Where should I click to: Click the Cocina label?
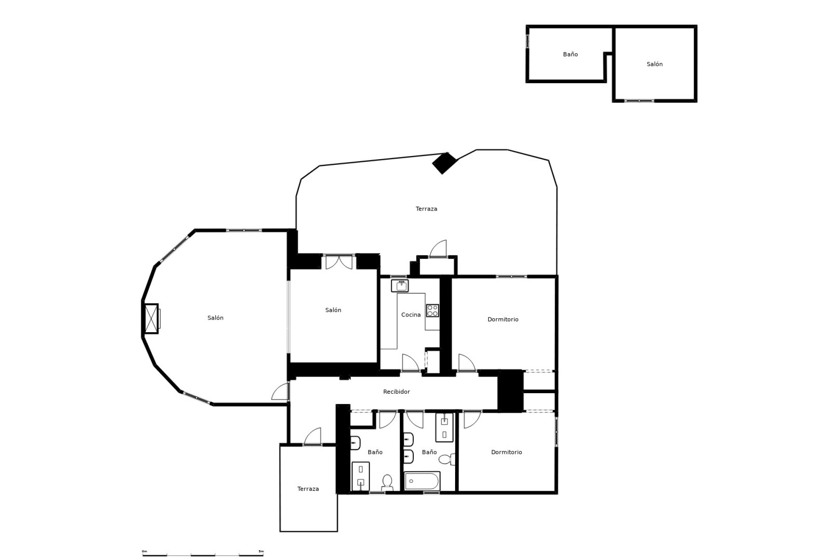411,315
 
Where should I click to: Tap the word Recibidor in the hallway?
396,392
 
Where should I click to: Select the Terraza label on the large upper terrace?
426,209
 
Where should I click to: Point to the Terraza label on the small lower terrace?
308,489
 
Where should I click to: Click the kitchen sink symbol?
400,286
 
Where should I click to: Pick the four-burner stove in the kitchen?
432,310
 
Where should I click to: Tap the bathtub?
422,481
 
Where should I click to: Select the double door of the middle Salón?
339,262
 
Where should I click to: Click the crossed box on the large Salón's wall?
151,319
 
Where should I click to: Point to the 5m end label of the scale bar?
261,551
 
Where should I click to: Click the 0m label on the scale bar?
145,551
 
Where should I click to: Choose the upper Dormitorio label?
503,320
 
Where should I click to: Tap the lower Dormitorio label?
506,453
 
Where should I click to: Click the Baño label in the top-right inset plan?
570,54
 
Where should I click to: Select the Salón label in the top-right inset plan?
654,64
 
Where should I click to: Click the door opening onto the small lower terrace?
313,436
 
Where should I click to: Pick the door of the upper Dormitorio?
466,363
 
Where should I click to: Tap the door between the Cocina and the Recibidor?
410,363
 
